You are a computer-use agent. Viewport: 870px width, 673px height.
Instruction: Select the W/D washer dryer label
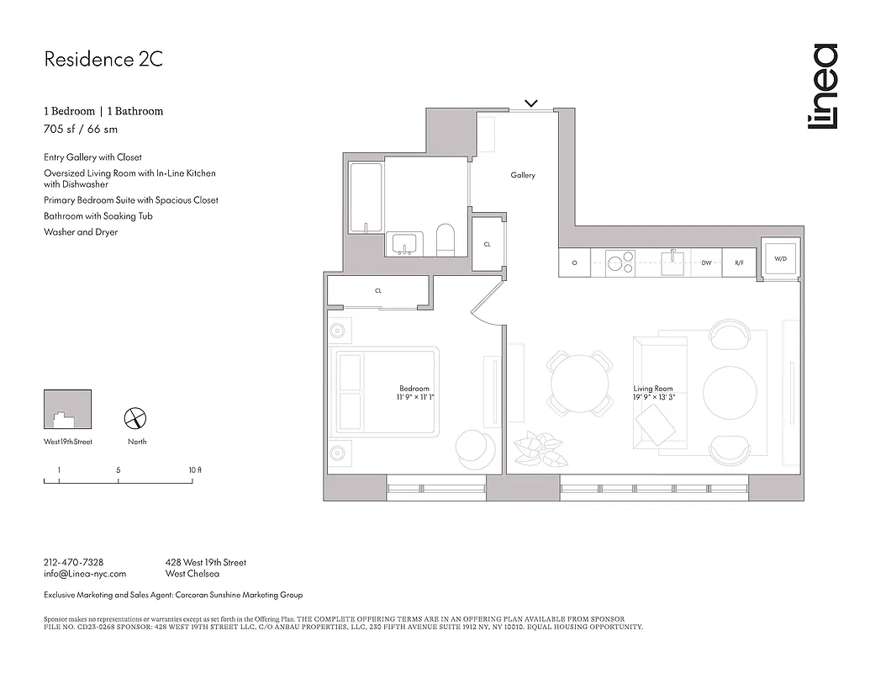pyautogui.click(x=780, y=259)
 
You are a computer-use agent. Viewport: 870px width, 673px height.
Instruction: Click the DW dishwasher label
pyautogui.click(x=706, y=263)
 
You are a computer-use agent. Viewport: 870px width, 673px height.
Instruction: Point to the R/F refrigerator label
pyautogui.click(x=739, y=263)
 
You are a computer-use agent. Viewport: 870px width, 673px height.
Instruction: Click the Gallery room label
pyautogui.click(x=522, y=175)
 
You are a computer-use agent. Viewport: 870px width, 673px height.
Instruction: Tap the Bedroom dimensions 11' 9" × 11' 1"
pyautogui.click(x=415, y=397)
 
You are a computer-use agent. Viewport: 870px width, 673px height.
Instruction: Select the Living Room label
pyautogui.click(x=652, y=389)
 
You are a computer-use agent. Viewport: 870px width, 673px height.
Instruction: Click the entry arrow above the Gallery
pyautogui.click(x=530, y=103)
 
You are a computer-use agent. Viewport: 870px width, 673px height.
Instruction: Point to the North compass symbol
pyautogui.click(x=136, y=417)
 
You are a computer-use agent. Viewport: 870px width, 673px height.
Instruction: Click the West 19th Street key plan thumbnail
pyautogui.click(x=67, y=410)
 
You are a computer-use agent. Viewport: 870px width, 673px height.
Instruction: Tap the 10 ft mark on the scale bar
pyautogui.click(x=194, y=469)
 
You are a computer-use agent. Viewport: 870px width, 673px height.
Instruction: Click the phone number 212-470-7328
pyautogui.click(x=73, y=562)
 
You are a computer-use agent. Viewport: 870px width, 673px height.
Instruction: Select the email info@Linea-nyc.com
pyautogui.click(x=84, y=574)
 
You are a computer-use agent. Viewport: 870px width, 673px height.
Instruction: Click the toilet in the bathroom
pyautogui.click(x=446, y=239)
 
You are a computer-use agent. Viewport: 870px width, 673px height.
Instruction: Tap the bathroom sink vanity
pyautogui.click(x=407, y=245)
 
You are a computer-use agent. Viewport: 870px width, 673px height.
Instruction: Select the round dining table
pyautogui.click(x=580, y=384)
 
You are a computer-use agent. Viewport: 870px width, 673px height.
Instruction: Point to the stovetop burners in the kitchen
pyautogui.click(x=620, y=263)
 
